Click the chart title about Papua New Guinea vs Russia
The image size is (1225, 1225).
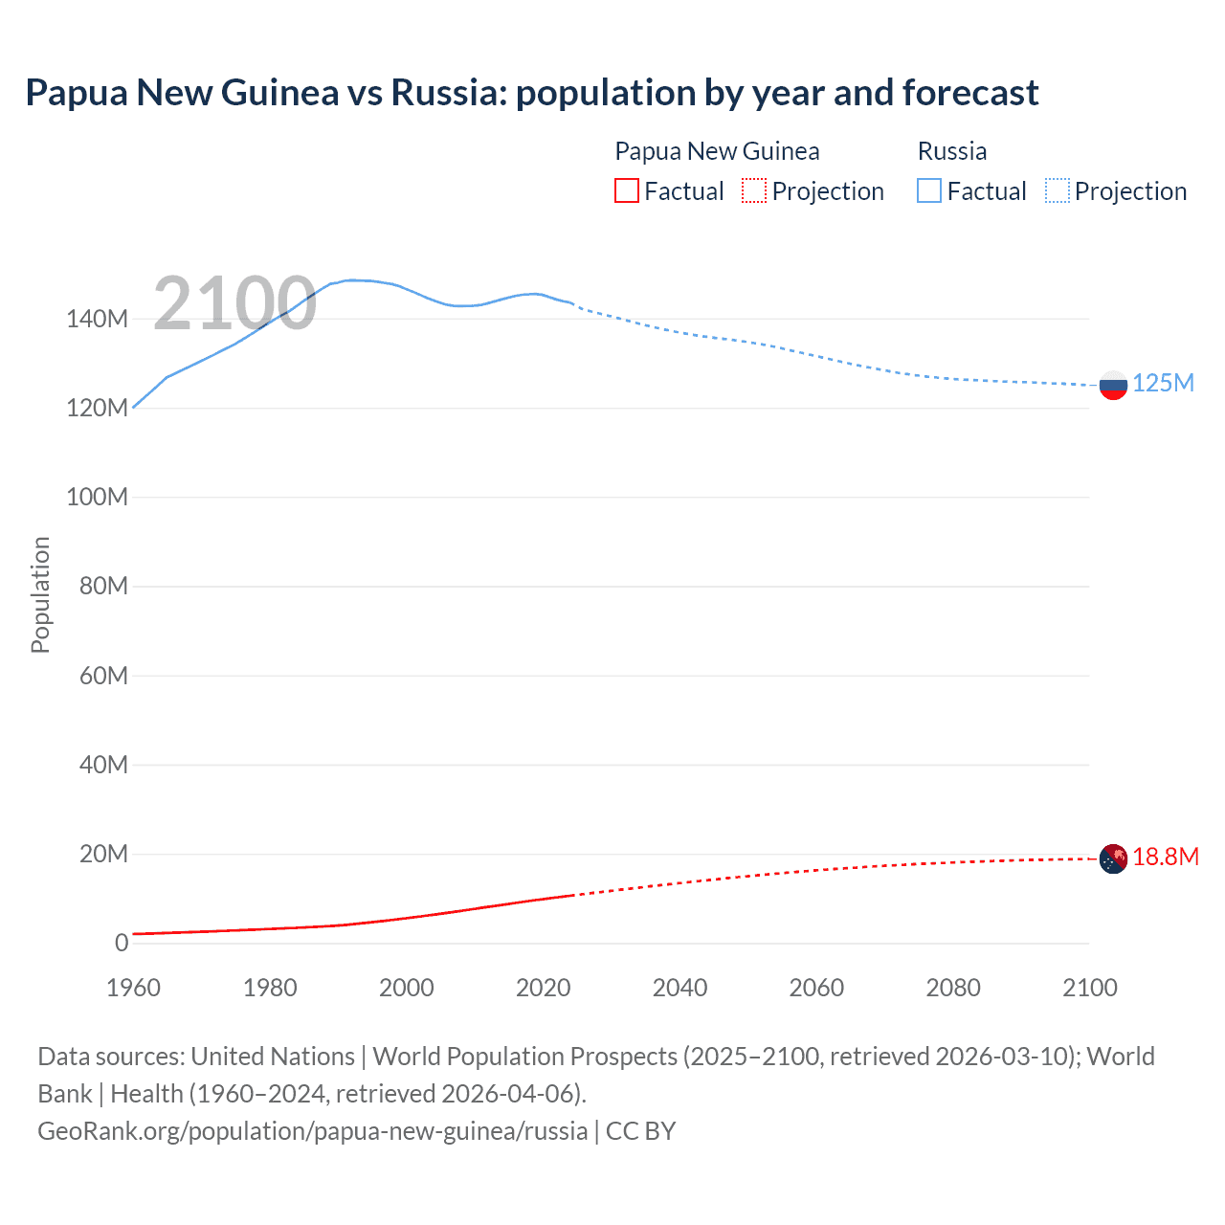click(532, 93)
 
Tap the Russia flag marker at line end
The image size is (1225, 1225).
click(1113, 386)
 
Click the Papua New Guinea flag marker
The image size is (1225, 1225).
click(1113, 858)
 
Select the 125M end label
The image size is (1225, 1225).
click(1163, 384)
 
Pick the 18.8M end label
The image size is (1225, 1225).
click(1165, 857)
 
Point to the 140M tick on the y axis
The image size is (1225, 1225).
click(97, 319)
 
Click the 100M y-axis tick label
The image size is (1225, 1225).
click(97, 498)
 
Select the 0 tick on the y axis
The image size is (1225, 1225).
click(122, 943)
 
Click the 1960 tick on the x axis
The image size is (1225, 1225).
click(133, 988)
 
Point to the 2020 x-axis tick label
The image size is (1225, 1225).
click(544, 988)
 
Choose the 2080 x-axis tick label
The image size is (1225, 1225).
click(953, 988)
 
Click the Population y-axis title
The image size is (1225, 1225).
click(40, 594)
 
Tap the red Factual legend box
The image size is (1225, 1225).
click(627, 191)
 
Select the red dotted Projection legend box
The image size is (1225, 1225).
click(754, 191)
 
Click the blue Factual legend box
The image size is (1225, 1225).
click(929, 191)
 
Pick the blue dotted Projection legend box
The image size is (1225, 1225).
click(1058, 191)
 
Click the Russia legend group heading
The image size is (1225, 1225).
click(952, 151)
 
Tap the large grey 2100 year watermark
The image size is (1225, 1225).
click(234, 303)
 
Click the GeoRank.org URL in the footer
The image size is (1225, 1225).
click(313, 1131)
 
